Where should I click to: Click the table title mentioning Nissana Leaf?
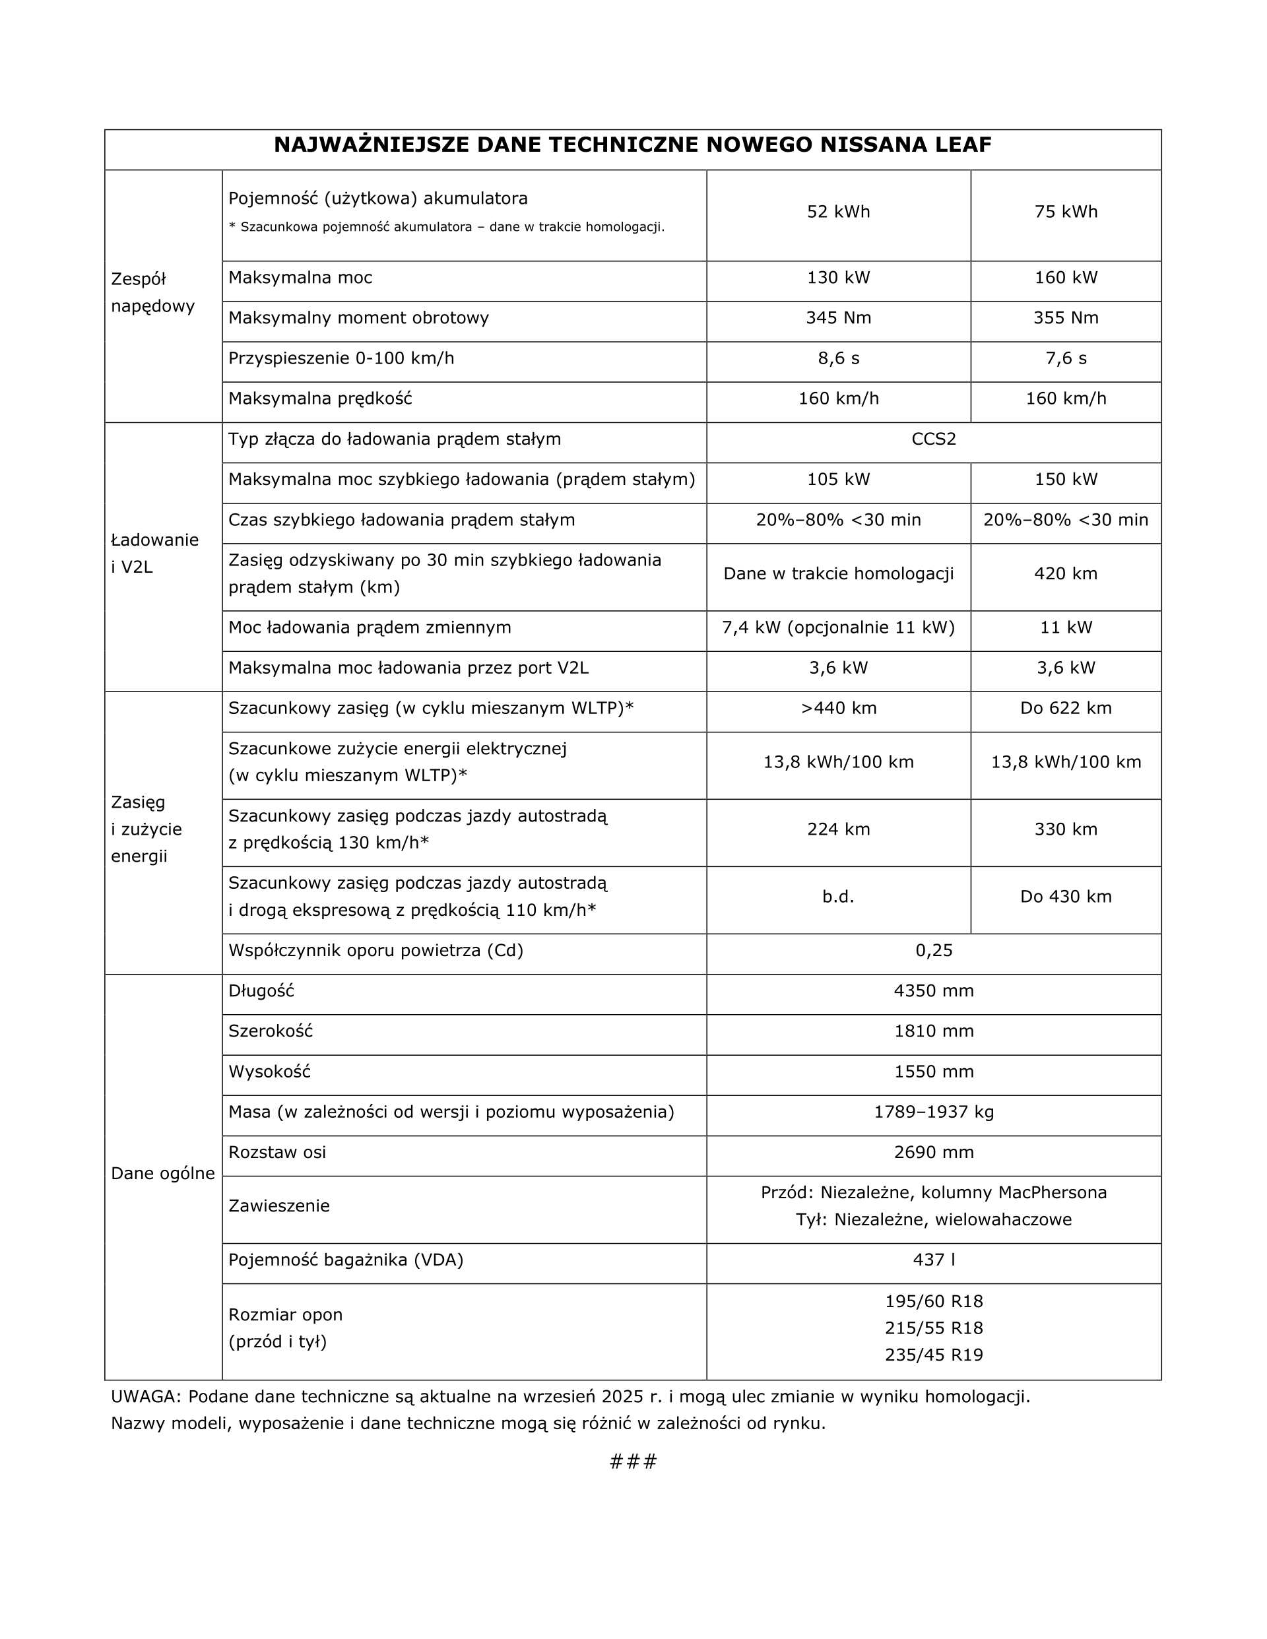[x=632, y=145]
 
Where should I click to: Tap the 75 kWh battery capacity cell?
[x=1065, y=212]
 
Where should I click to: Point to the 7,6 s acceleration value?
[x=1065, y=359]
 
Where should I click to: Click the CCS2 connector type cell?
[x=933, y=439]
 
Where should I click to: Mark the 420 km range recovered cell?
[x=1065, y=574]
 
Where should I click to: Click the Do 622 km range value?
[x=1065, y=709]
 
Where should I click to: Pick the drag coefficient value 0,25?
[x=933, y=951]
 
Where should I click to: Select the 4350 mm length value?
[x=933, y=991]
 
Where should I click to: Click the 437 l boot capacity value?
[x=933, y=1260]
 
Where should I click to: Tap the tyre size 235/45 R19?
[x=933, y=1355]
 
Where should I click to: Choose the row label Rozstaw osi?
[x=277, y=1153]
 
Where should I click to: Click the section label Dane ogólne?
[x=162, y=1174]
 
